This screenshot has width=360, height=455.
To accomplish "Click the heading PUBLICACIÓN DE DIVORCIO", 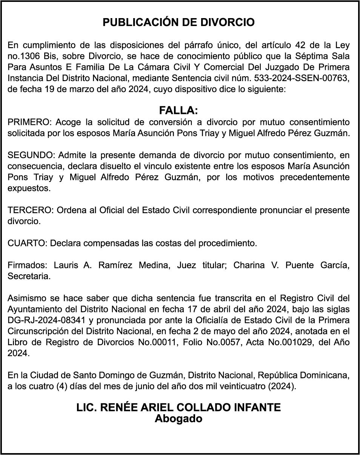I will click(x=178, y=23).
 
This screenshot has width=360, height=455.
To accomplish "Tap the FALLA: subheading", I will click(x=178, y=111).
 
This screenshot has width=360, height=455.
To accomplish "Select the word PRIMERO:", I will click(x=30, y=122).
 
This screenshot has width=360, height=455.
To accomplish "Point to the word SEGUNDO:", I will click(x=32, y=155).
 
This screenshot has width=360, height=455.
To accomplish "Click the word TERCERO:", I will click(x=31, y=210).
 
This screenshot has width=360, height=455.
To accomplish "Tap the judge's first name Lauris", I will click(x=65, y=265).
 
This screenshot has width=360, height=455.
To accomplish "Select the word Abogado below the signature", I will click(x=178, y=419).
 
